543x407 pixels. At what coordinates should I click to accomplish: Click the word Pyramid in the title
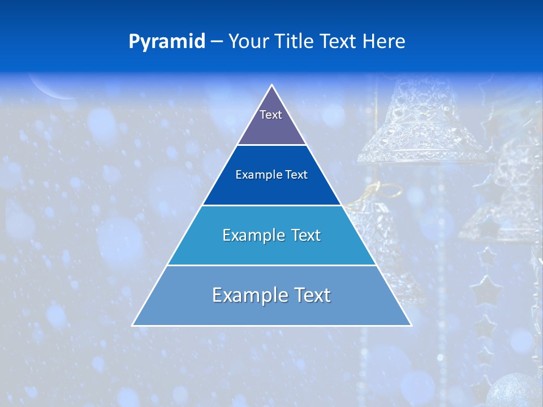point(167,42)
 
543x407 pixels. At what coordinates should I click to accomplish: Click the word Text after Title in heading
point(340,42)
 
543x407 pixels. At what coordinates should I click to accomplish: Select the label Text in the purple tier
point(271,115)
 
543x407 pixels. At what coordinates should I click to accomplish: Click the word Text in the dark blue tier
point(296,175)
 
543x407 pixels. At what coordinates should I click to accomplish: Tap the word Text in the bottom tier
point(312,295)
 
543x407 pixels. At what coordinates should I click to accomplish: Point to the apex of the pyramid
point(272,86)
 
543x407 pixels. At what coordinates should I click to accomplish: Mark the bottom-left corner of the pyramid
point(133,325)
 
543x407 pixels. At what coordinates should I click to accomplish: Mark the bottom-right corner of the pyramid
point(411,325)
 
